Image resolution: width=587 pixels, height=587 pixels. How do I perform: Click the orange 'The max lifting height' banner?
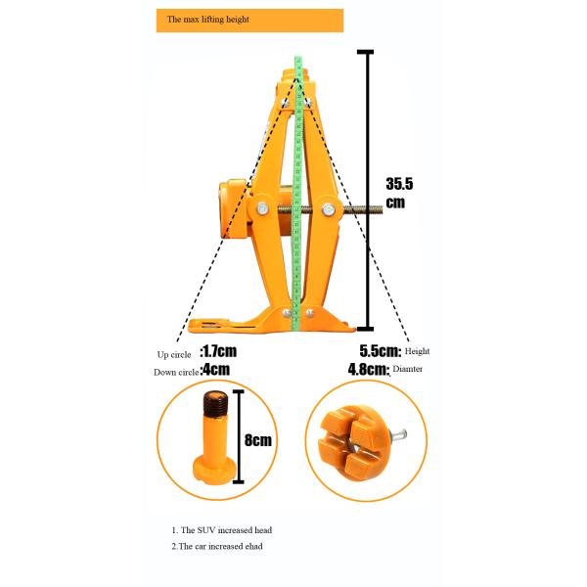249,20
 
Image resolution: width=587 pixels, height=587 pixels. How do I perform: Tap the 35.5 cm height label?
401,192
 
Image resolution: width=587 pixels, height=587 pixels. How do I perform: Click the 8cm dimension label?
258,440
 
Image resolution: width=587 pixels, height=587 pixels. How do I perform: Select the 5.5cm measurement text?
378,349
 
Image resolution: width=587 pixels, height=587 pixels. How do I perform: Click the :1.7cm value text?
218,350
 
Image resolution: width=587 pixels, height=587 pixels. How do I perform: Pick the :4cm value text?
214,370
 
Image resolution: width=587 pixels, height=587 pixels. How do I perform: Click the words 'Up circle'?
175,353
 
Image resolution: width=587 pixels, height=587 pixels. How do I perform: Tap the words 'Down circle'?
175,372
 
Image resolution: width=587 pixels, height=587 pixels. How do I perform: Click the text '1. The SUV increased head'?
221,529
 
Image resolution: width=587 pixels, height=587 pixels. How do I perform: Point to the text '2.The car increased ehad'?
217,546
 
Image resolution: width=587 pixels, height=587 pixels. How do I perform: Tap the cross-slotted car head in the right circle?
353,440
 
